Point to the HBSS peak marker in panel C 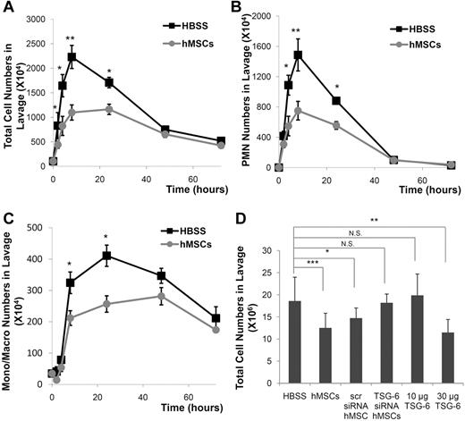click(107, 256)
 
